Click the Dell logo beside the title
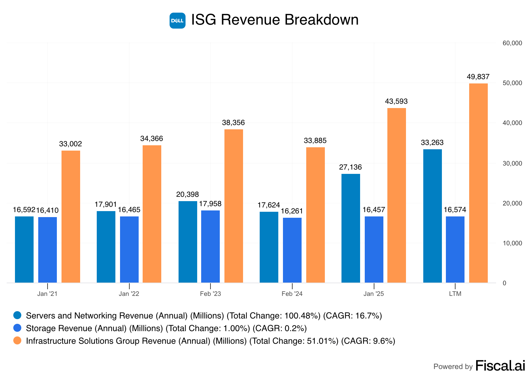pyautogui.click(x=177, y=21)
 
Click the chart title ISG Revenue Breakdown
pyautogui.click(x=275, y=20)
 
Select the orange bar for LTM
pyautogui.click(x=478, y=183)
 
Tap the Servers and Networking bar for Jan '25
pyautogui.click(x=350, y=228)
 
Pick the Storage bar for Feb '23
pyautogui.click(x=210, y=246)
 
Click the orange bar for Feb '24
pyautogui.click(x=315, y=215)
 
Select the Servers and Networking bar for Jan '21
pyautogui.click(x=24, y=249)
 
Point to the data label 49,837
pyautogui.click(x=478, y=77)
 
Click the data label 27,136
pyautogui.click(x=350, y=167)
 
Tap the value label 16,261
pyautogui.click(x=292, y=211)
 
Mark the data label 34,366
pyautogui.click(x=152, y=139)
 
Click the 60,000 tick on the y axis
pyautogui.click(x=512, y=43)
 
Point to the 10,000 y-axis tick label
pyautogui.click(x=512, y=243)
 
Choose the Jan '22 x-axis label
pyautogui.click(x=129, y=294)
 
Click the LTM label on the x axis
pyautogui.click(x=455, y=294)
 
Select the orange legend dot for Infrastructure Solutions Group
pyautogui.click(x=17, y=340)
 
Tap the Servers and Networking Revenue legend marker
pyautogui.click(x=17, y=315)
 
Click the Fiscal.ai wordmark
pyautogui.click(x=500, y=366)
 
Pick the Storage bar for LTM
pyautogui.click(x=455, y=249)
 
